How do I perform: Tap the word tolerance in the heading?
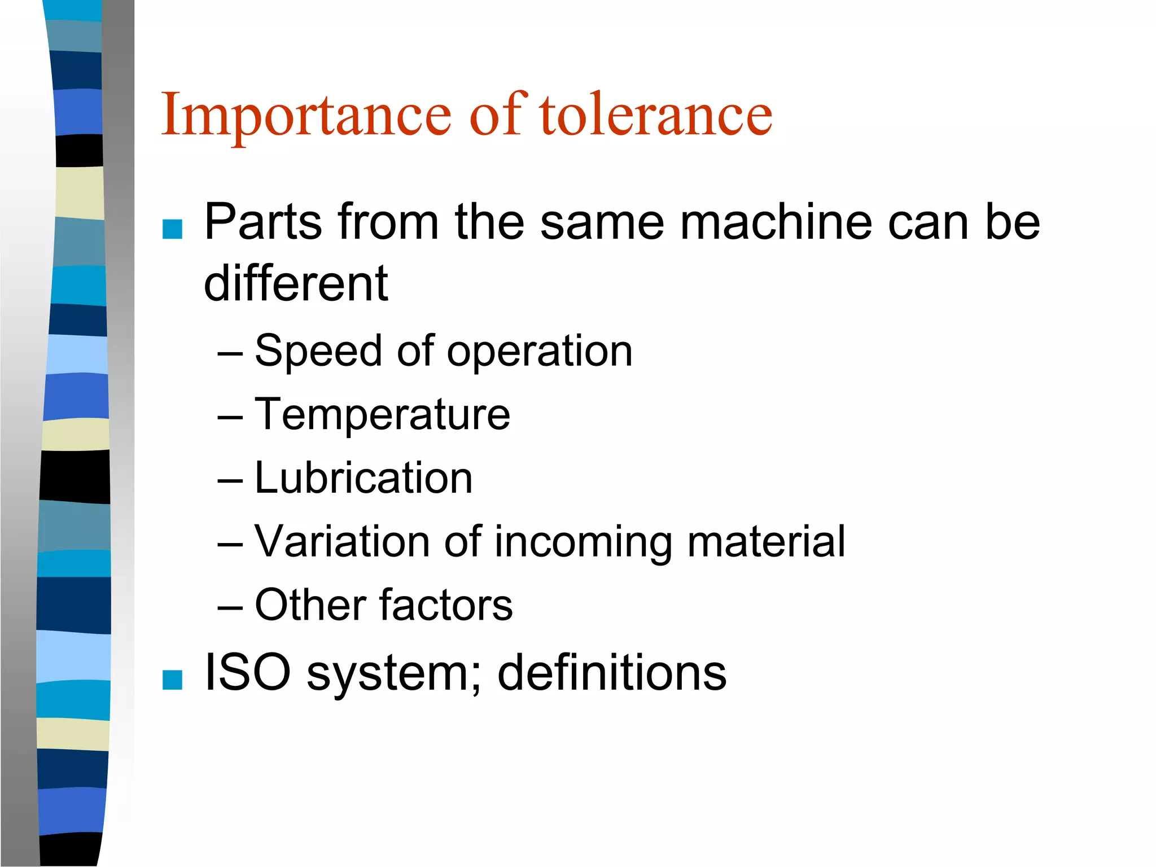[x=655, y=116]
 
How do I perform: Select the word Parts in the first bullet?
[x=263, y=222]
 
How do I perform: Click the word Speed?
[x=318, y=351]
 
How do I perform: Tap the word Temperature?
[x=382, y=415]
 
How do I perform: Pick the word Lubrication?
[x=364, y=478]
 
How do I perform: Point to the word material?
[x=766, y=541]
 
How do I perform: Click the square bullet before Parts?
[x=172, y=229]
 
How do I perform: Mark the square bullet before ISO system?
[x=172, y=680]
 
